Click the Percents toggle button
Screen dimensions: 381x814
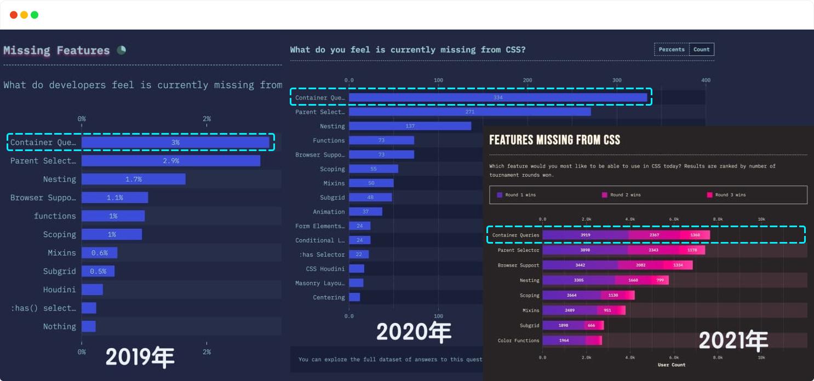tap(672, 49)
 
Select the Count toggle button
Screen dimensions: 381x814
tap(701, 49)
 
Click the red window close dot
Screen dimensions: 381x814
tap(14, 15)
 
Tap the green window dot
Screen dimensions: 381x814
tap(35, 15)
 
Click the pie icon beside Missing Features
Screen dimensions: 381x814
tap(121, 50)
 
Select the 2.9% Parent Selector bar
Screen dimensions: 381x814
tap(171, 161)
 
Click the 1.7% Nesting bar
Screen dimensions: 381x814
tap(134, 179)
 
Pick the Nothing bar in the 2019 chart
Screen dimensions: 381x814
tap(89, 326)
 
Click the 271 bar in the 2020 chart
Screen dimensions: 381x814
tap(469, 112)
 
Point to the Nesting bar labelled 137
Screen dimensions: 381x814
tap(410, 126)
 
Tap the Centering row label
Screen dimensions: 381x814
tap(329, 297)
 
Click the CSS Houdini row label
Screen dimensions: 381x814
tap(325, 269)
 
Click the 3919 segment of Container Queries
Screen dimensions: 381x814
tap(586, 235)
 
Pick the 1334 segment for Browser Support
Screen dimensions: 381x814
tap(678, 265)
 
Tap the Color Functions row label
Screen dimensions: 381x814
tap(518, 340)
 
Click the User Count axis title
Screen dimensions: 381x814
tap(671, 365)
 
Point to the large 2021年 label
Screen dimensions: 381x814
tap(733, 341)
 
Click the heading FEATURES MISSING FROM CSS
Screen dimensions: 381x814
tap(554, 140)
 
